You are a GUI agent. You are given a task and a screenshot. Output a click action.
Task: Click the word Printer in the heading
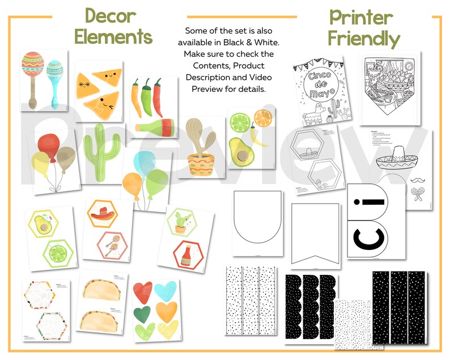click(x=363, y=17)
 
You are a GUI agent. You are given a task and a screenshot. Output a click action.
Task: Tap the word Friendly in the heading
click(x=363, y=39)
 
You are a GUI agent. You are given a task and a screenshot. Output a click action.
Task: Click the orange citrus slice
click(x=263, y=117)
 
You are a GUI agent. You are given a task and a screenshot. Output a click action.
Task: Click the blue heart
click(x=164, y=291)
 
